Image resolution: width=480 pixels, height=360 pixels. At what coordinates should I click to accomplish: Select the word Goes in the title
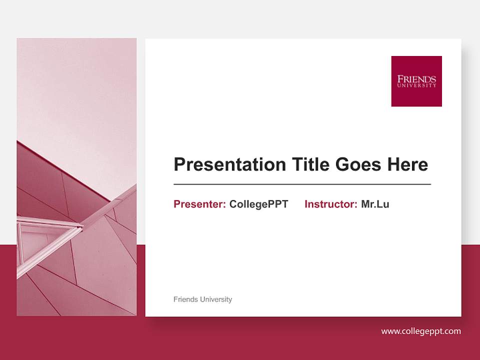[x=358, y=164]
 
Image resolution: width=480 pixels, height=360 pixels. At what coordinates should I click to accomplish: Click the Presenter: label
[x=199, y=204]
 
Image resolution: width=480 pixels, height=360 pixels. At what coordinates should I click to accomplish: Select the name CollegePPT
[x=258, y=204]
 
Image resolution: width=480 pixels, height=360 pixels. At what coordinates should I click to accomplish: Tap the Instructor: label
[x=330, y=204]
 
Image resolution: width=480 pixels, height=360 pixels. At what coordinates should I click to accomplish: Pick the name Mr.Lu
[x=375, y=204]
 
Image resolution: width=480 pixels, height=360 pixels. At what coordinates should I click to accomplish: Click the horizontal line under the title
[x=302, y=184]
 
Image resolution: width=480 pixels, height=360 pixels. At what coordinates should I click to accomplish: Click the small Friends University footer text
[x=202, y=299]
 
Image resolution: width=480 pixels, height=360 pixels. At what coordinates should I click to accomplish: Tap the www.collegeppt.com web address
[x=421, y=331]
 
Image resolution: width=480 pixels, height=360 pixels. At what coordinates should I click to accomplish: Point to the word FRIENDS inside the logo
[x=416, y=79]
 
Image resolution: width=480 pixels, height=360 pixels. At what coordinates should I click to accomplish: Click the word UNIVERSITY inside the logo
[x=416, y=85]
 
